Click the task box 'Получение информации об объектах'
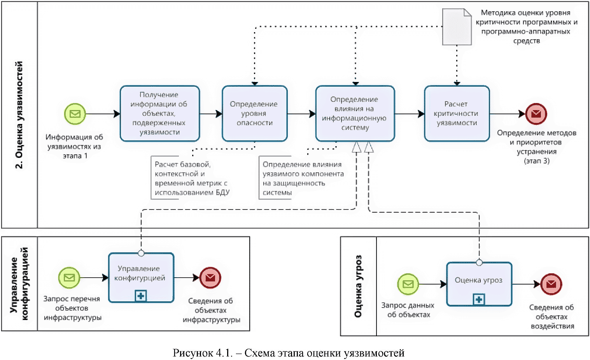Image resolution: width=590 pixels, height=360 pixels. [159, 113]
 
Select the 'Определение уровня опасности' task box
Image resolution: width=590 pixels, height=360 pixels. [254, 113]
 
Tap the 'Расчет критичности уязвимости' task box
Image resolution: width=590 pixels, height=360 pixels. [457, 113]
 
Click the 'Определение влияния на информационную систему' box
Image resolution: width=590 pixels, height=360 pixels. [355, 113]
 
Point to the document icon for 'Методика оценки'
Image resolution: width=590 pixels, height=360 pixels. [457, 27]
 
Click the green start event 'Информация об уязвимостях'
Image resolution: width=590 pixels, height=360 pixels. [75, 114]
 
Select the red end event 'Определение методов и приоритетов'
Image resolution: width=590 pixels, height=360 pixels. [536, 114]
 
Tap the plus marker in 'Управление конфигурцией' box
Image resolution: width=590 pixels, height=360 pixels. [140, 296]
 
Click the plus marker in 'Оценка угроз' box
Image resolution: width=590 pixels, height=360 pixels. [479, 300]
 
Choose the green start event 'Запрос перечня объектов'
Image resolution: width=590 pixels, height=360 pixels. [69, 278]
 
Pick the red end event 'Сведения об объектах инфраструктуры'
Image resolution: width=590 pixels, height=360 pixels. [210, 278]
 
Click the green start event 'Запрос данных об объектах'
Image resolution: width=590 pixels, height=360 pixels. [408, 284]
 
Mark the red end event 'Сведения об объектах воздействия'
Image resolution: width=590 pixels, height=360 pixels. [551, 284]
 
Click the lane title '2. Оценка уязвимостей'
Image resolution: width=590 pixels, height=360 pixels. [20, 115]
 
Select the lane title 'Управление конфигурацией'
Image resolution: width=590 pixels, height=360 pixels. [19, 284]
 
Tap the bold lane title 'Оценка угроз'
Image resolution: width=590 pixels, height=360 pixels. [358, 286]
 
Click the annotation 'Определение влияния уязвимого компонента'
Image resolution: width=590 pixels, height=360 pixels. [302, 178]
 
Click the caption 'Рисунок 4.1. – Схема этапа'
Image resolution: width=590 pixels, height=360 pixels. [288, 353]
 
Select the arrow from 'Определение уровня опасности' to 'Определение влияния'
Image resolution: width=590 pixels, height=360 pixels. [301, 114]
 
